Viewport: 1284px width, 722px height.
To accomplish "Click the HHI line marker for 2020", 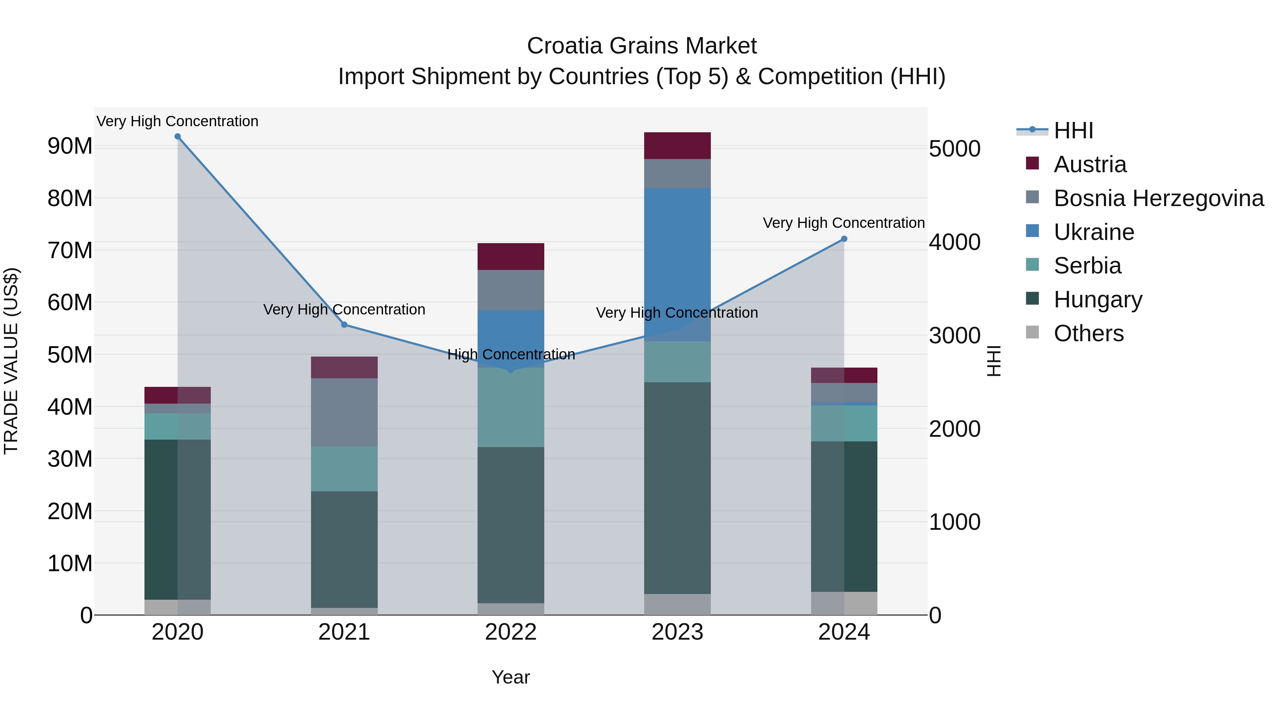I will (x=178, y=137).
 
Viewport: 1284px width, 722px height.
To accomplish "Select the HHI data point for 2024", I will (x=844, y=239).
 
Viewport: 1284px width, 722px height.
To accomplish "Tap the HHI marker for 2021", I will (x=344, y=325).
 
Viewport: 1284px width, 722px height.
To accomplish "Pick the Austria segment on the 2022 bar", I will (x=510, y=257).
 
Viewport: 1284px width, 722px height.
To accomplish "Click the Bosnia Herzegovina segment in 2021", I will (x=344, y=412).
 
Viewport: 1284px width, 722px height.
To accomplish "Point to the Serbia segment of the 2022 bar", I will (x=510, y=407).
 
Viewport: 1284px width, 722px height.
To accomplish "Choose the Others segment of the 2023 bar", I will (x=677, y=604).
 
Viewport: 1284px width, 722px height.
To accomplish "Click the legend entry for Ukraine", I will (x=1094, y=232).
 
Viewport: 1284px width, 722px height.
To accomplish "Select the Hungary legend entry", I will (x=1097, y=299).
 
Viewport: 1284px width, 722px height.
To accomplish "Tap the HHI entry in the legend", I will (x=1073, y=130).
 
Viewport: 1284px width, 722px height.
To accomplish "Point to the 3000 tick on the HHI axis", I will (x=954, y=336).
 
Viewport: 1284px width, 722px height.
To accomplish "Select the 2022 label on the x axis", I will (x=510, y=632).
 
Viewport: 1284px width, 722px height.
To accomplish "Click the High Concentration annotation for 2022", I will (x=511, y=354).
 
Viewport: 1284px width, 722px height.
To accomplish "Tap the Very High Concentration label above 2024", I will (x=844, y=223).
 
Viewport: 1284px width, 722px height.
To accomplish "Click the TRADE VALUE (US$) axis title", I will (x=11, y=361).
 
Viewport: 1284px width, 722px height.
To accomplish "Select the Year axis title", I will (x=510, y=677).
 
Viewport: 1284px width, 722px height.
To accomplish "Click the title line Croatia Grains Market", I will (x=642, y=46).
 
